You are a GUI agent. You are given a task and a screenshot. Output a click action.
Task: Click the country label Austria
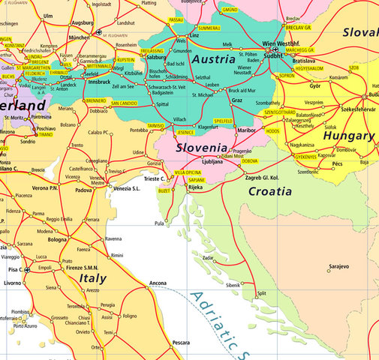pos(214,58)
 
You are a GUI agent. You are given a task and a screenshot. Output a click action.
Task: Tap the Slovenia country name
pos(201,148)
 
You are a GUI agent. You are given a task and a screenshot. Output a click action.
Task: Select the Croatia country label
pos(269,191)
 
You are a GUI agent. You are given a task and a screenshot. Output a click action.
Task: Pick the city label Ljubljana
pos(212,161)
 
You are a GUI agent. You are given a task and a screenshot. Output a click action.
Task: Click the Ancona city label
pos(158,283)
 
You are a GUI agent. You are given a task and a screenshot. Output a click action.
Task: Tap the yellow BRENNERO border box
pos(95,100)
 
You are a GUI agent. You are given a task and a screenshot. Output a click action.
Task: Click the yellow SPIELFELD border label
pos(224,121)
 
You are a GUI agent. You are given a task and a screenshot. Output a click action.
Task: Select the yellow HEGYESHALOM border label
pos(308,68)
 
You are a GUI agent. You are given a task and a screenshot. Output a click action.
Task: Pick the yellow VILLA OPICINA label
pos(188,172)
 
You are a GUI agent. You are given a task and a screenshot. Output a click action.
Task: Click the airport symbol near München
pos(99,33)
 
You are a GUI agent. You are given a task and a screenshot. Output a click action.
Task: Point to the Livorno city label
pos(12,283)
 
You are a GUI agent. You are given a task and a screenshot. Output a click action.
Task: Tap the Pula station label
pos(158,223)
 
